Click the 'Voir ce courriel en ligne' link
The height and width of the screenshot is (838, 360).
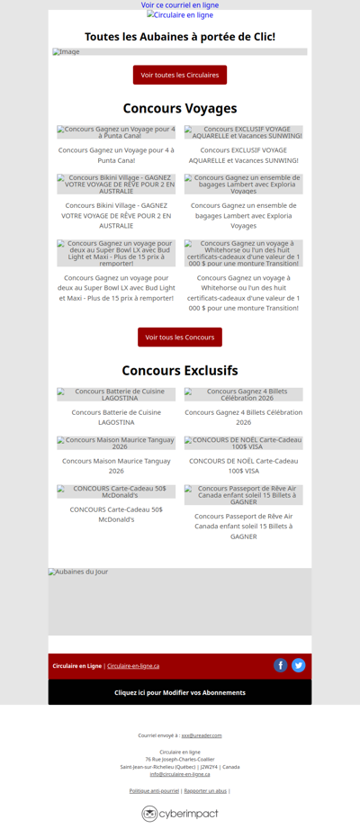180,5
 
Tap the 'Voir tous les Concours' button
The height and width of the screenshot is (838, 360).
180,338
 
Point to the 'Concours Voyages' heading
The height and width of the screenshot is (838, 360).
180,109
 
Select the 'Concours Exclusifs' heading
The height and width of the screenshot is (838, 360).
180,371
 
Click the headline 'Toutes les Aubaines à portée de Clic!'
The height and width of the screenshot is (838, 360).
180,37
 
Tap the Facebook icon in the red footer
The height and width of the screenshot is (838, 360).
281,666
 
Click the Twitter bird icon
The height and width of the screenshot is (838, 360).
299,666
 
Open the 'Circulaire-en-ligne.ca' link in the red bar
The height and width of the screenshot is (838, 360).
133,666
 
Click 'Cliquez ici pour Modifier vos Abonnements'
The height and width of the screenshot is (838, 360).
180,692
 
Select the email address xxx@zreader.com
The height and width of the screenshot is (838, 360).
202,735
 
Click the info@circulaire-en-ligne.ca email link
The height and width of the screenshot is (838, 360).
180,774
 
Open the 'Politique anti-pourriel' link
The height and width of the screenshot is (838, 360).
154,790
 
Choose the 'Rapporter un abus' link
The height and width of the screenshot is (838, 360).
205,790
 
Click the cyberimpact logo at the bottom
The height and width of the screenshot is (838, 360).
180,814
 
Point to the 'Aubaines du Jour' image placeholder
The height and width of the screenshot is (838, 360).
180,601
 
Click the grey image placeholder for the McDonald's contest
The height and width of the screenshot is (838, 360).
116,491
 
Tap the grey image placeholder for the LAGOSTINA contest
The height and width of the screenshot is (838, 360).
116,394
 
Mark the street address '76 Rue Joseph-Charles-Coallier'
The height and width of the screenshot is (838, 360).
180,759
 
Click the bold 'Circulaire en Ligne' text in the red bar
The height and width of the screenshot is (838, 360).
76,666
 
